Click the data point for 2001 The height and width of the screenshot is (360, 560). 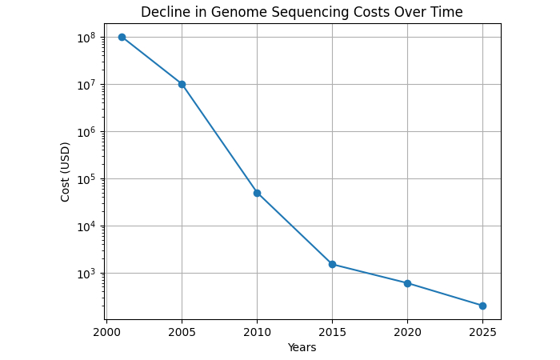pos(122,37)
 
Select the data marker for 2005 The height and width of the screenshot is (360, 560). pos(182,84)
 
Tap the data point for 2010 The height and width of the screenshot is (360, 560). pos(257,193)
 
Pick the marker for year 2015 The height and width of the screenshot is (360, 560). pos(332,264)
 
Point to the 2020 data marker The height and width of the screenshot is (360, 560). pos(407,283)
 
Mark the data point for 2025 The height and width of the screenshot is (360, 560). pos(482,306)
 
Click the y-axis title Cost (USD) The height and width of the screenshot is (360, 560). pos(66,171)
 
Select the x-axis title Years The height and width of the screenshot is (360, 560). pos(302,347)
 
